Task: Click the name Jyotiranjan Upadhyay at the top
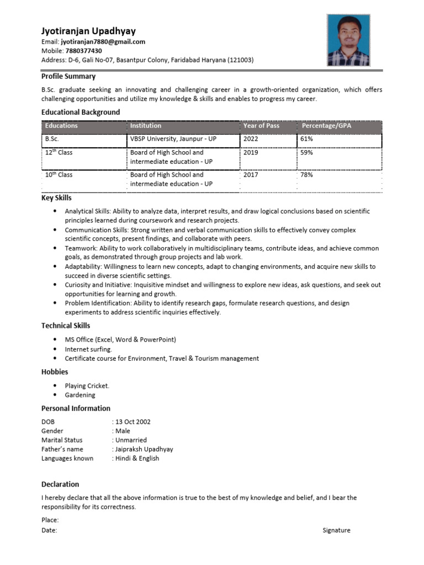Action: pos(88,31)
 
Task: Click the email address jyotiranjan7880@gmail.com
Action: pos(103,42)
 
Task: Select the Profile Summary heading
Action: pos(68,77)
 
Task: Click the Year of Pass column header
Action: pos(261,126)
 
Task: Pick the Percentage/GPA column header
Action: pos(326,126)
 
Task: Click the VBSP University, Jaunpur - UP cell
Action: pos(173,139)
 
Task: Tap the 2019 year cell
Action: pos(251,152)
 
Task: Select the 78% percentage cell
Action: pos(306,175)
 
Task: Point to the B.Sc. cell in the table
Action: pos(52,139)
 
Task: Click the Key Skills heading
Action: pos(56,198)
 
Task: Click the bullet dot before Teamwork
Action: pos(55,248)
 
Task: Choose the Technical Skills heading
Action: pos(66,326)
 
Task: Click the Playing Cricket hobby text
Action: pos(87,386)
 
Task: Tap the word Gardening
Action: pos(80,395)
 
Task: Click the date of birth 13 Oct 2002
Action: pos(133,422)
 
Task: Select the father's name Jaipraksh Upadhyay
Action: pos(144,449)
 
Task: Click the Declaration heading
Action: pos(60,484)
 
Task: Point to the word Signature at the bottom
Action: pos(336,530)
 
